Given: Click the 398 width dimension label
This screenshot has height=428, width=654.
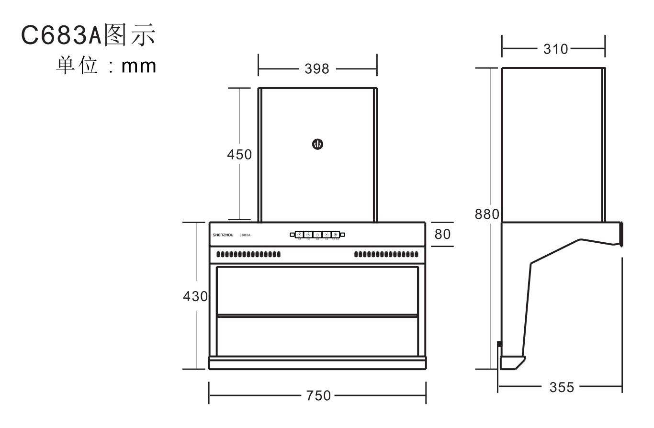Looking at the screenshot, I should (317, 69).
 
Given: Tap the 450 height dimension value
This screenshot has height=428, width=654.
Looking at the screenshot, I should (239, 155).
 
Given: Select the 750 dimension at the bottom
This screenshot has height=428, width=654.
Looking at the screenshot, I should (318, 395).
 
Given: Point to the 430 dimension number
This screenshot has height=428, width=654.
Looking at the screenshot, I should (195, 296).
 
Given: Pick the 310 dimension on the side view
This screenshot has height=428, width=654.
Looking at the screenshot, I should (555, 49).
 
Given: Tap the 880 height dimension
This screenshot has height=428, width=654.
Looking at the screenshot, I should (487, 214).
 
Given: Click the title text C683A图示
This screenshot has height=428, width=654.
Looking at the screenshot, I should (89, 37).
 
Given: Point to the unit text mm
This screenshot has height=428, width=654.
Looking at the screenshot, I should (139, 66).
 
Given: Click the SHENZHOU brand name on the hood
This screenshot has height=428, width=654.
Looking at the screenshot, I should (223, 236).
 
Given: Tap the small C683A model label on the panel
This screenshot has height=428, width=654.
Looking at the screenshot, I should (245, 236).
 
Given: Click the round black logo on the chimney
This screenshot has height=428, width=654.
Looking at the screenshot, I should (317, 144).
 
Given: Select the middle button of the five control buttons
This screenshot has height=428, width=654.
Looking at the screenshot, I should (317, 235).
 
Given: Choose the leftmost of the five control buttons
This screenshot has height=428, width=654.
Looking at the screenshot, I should (299, 235).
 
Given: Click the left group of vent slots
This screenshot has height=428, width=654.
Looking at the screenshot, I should (248, 254).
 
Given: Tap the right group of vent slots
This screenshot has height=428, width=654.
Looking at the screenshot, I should (386, 254).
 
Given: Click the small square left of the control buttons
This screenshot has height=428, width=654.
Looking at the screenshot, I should (292, 235).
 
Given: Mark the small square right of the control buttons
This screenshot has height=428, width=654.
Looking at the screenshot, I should (342, 235).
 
